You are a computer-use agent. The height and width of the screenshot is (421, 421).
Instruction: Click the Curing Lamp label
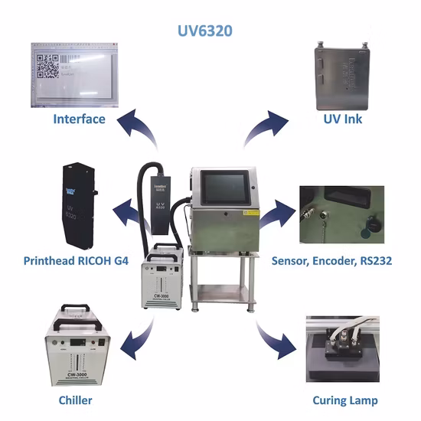click(x=345, y=400)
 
